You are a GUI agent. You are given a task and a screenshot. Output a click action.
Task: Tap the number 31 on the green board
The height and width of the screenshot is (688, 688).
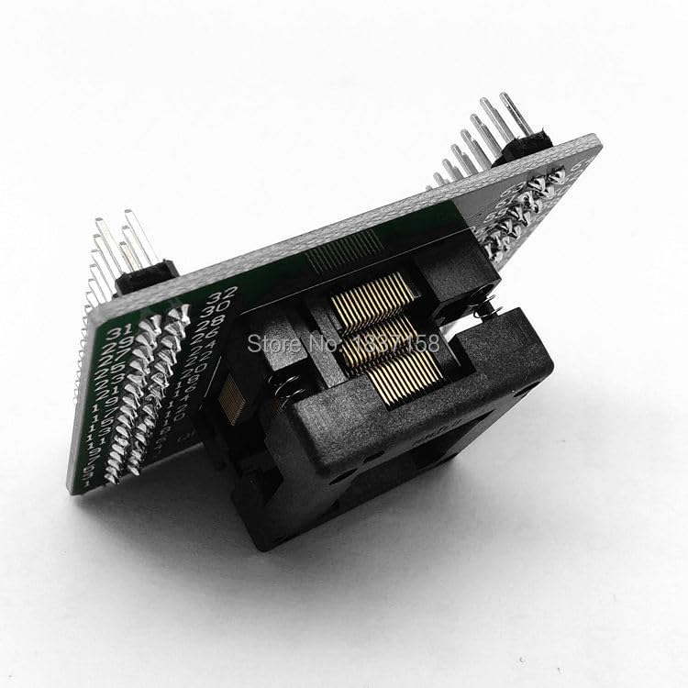pos(118,331)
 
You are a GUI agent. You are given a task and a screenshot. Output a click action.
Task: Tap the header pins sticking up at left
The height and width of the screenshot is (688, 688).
pos(115,248)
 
